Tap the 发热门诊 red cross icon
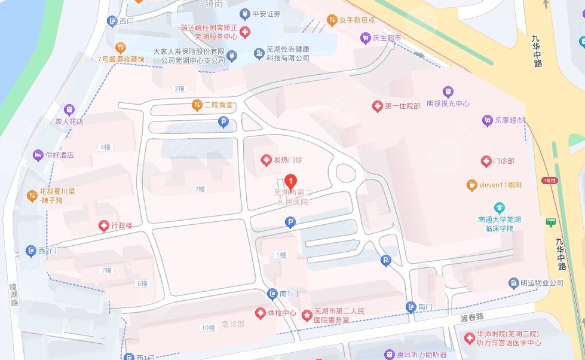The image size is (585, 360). pos(267,160)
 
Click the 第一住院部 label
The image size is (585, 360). pos(403,106)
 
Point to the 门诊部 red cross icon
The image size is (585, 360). pos(486,161)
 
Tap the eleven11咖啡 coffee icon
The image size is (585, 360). pos(471,185)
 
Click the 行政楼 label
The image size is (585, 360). pos(121,225)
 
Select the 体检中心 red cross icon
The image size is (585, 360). pos(260,313)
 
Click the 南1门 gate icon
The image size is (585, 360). pos(272,294)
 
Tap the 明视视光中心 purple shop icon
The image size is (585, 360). pos(448,91)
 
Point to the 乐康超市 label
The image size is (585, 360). pos(509,120)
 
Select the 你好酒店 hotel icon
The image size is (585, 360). pos(38,155)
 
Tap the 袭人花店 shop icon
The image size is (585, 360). pos(69,109)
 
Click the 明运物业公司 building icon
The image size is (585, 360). pos(513,283)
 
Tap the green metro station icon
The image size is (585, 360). pos(550,222)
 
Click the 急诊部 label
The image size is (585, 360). pos(233,324)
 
